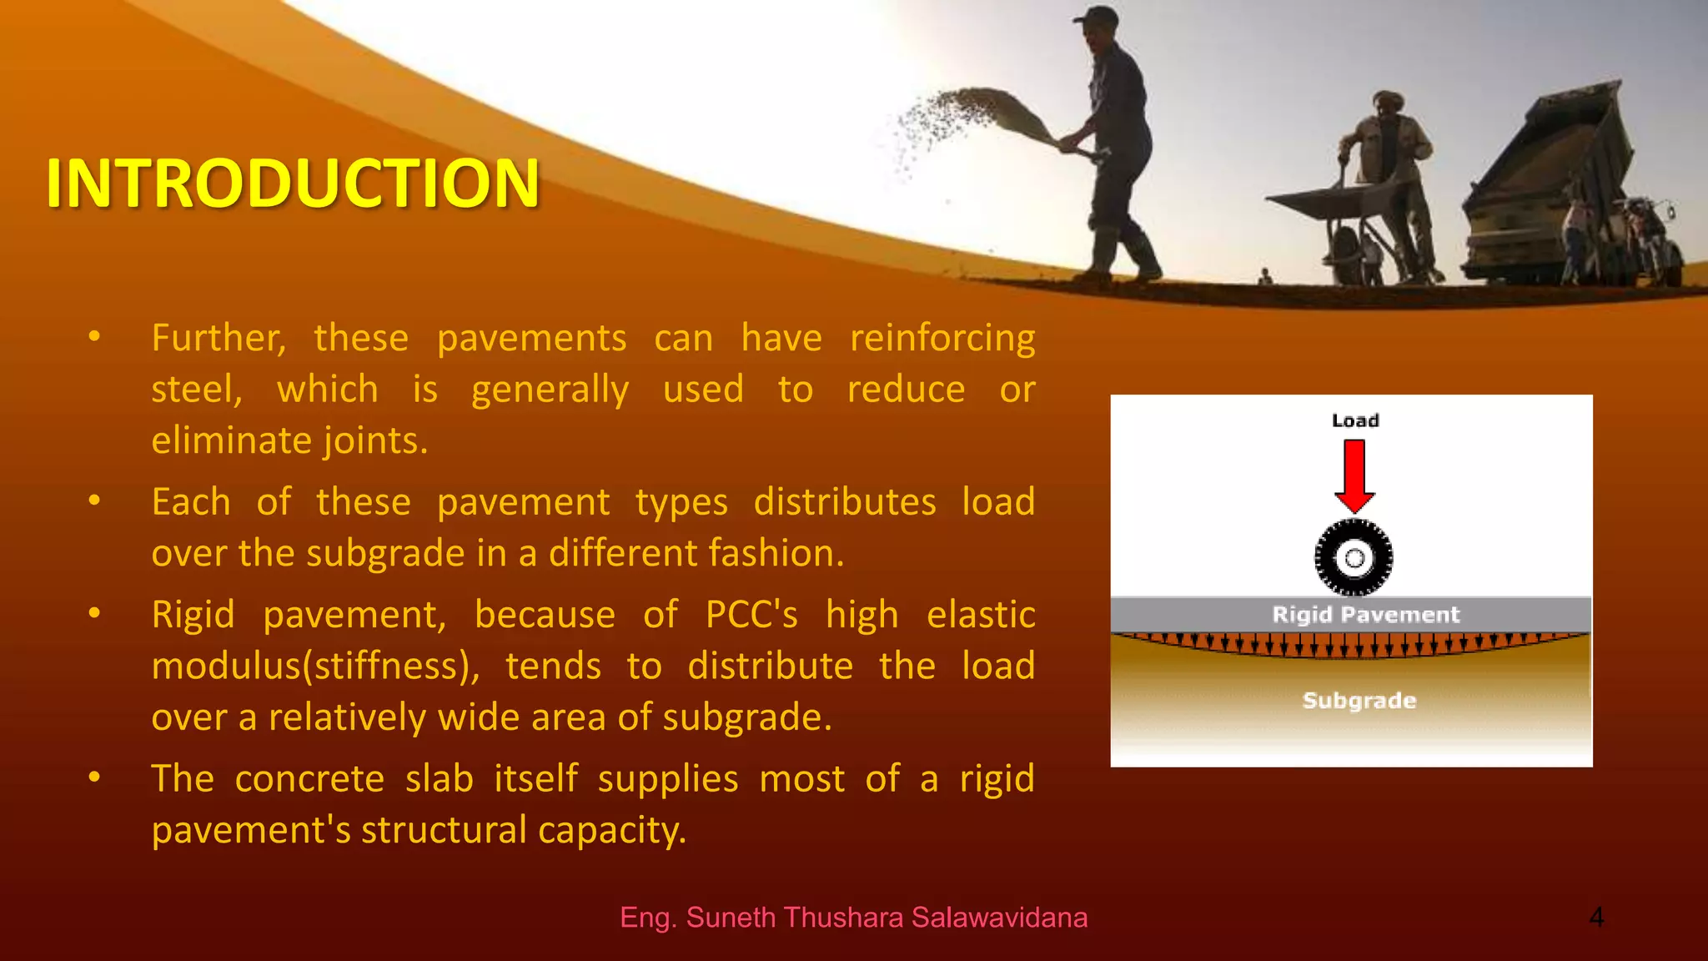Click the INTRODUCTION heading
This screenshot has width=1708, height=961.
(293, 183)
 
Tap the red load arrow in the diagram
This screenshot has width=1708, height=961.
(1354, 476)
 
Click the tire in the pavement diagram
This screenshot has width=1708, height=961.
(1354, 557)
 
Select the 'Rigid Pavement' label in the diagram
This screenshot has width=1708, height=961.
(1365, 615)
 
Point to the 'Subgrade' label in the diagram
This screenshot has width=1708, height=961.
(1359, 701)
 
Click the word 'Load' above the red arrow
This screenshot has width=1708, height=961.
(1355, 420)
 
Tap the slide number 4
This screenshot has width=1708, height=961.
(1595, 918)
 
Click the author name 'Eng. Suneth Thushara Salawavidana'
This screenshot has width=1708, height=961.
(853, 918)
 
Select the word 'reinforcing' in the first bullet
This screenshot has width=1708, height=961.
(942, 339)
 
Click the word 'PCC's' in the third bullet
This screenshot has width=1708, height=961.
(751, 615)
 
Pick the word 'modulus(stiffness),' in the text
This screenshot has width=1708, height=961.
(315, 667)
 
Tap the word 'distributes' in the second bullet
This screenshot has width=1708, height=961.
(844, 502)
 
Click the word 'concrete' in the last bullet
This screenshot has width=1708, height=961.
(309, 779)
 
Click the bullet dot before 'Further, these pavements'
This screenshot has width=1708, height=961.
(95, 337)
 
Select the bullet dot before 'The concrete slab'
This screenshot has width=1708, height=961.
(95, 777)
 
